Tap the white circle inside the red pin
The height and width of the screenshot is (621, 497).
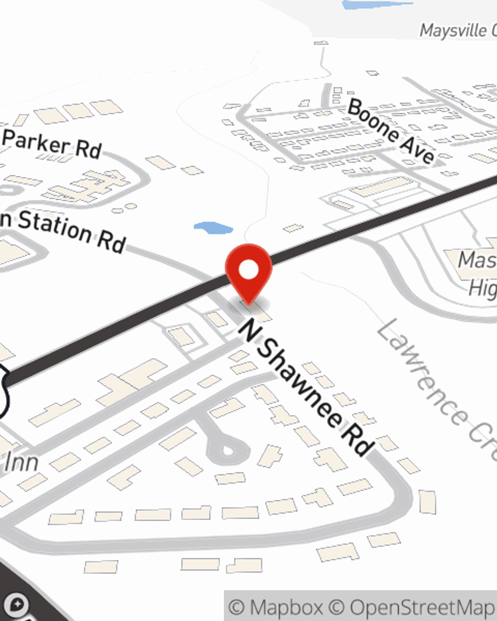coord(248,270)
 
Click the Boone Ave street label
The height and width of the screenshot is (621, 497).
coord(391,131)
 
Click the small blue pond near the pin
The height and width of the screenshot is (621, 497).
coord(213,228)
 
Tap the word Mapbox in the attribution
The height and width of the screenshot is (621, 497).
coord(286,607)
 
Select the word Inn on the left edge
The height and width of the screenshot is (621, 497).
coord(21,462)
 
